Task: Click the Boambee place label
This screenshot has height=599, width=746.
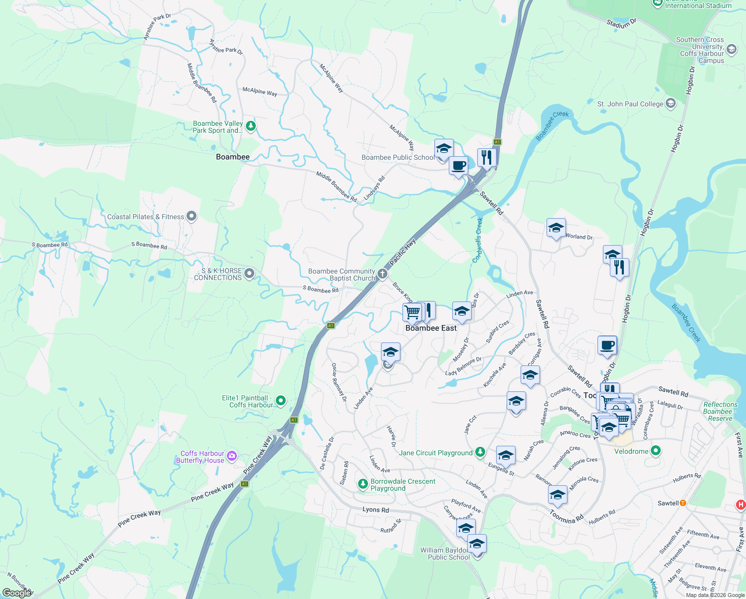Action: [232, 157]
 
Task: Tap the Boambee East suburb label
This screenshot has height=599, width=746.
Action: [431, 328]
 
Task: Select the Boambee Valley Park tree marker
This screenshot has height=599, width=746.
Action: [251, 126]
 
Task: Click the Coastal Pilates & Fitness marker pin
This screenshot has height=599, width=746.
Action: [191, 216]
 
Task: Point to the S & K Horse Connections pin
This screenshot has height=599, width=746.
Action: [249, 274]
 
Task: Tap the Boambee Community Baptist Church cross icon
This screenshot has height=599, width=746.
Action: [382, 274]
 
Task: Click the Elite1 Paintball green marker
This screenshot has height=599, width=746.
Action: [281, 400]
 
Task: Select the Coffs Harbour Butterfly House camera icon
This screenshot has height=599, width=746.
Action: [232, 456]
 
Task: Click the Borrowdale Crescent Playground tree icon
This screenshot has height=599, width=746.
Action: [363, 484]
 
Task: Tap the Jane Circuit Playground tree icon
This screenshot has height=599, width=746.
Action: [480, 452]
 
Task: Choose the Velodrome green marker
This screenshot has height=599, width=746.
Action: [656, 451]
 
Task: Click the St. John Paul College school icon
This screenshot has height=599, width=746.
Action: [671, 103]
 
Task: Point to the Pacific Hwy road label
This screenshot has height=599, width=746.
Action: [403, 253]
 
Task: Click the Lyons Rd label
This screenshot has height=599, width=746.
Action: [375, 510]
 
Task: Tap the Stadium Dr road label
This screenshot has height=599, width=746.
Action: [621, 23]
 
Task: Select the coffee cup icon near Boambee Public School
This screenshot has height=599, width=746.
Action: [458, 165]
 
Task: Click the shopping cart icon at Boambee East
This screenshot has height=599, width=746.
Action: [412, 312]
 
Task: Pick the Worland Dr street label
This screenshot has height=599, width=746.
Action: [579, 237]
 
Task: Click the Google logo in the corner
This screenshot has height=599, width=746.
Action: [17, 593]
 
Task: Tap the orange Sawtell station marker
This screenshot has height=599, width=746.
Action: [683, 503]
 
